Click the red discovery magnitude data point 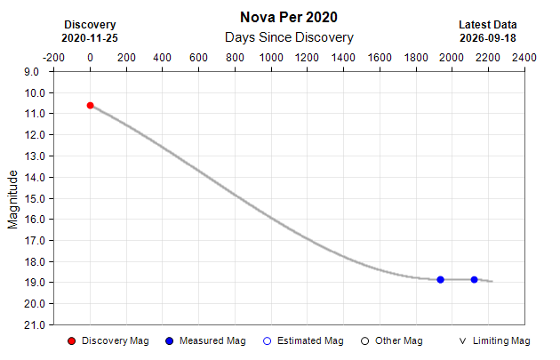click(x=91, y=106)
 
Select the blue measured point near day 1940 click(x=440, y=280)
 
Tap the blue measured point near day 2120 click(x=474, y=280)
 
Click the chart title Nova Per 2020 click(x=289, y=17)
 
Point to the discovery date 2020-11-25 click(x=90, y=38)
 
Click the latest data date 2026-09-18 click(x=488, y=38)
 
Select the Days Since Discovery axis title click(x=289, y=37)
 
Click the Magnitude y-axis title click(x=12, y=199)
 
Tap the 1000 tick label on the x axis click(x=271, y=58)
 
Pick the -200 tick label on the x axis click(x=53, y=58)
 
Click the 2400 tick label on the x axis click(x=524, y=58)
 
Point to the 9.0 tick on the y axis click(x=31, y=72)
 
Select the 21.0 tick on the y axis click(x=31, y=325)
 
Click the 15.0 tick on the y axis click(x=31, y=198)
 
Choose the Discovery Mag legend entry click(x=108, y=341)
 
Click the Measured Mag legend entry click(x=205, y=341)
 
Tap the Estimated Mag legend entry click(x=303, y=341)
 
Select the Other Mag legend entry click(x=392, y=341)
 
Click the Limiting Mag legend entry click(x=494, y=341)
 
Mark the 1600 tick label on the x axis click(x=380, y=58)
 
